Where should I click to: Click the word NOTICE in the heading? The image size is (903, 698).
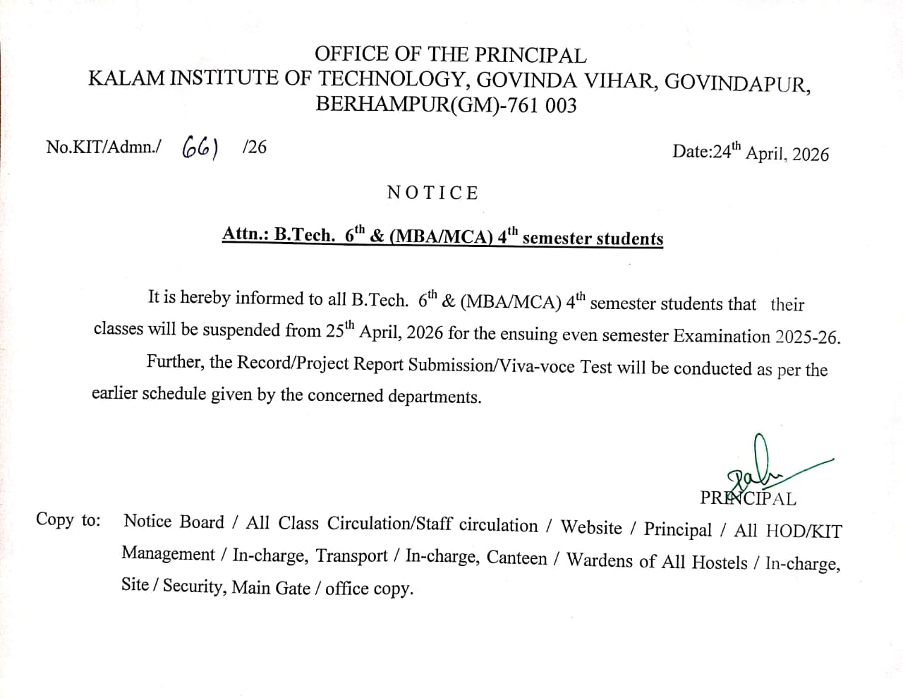[x=432, y=193]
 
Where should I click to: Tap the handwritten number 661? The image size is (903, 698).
[x=200, y=147]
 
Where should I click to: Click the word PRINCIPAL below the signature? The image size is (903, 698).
[x=748, y=498]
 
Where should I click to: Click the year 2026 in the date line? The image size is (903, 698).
[x=811, y=155]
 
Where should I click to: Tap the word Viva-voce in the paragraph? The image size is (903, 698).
[x=538, y=367]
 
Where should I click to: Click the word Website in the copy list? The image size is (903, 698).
[x=591, y=528]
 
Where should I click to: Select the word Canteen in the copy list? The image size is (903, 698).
[x=516, y=558]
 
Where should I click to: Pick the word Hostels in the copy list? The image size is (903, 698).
[x=719, y=562]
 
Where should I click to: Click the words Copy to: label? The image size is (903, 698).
[x=68, y=520]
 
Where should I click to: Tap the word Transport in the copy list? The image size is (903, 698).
[x=351, y=556]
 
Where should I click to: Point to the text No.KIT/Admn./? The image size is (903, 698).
[x=103, y=147]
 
